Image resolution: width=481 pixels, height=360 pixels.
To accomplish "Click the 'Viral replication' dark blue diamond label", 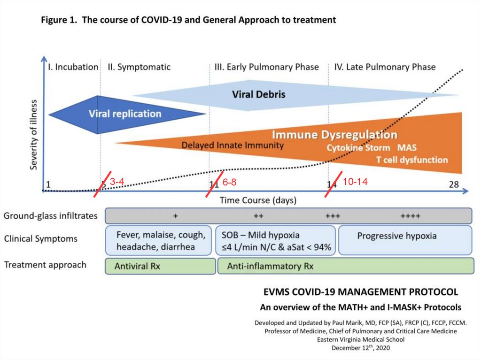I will [124, 114].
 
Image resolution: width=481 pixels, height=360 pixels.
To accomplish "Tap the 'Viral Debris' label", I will [258, 94].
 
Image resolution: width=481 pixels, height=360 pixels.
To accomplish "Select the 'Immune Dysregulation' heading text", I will [334, 135].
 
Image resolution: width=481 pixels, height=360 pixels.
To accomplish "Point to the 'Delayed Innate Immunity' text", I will [233, 146].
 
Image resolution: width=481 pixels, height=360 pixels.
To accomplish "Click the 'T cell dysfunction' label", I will [412, 160].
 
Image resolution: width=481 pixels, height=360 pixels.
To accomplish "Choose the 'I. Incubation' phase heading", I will [73, 67].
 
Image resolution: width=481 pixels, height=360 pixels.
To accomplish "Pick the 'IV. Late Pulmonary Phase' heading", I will [385, 67].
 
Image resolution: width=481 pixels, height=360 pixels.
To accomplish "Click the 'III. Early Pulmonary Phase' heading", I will [266, 67].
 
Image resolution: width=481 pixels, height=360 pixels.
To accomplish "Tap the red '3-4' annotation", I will [117, 182].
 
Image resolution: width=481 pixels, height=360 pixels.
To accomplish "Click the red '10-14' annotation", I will [355, 182].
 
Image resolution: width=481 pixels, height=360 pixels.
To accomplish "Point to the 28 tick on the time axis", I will [453, 184].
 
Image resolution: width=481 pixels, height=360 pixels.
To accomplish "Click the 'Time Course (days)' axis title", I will [258, 200].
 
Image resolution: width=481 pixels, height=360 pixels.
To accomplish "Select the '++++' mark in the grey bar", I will [410, 216].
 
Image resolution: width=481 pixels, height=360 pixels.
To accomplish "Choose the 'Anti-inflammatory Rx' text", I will [270, 266].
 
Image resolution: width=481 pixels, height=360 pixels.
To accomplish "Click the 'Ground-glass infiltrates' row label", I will [51, 216].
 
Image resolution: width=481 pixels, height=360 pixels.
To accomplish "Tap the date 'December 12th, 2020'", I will [360, 348].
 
